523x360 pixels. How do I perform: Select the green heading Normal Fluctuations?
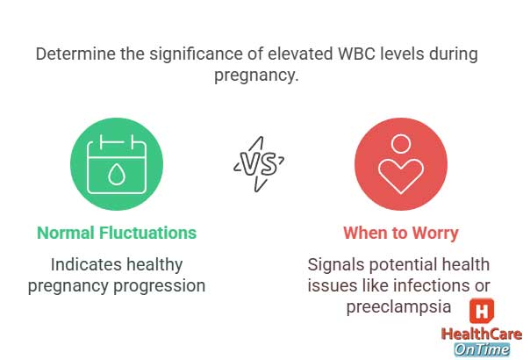click(x=117, y=233)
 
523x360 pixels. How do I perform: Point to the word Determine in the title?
click(x=75, y=54)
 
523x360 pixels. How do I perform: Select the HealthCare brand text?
click(x=481, y=334)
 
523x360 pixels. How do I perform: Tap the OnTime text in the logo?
click(x=481, y=349)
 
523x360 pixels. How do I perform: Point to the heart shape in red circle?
click(x=401, y=176)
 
